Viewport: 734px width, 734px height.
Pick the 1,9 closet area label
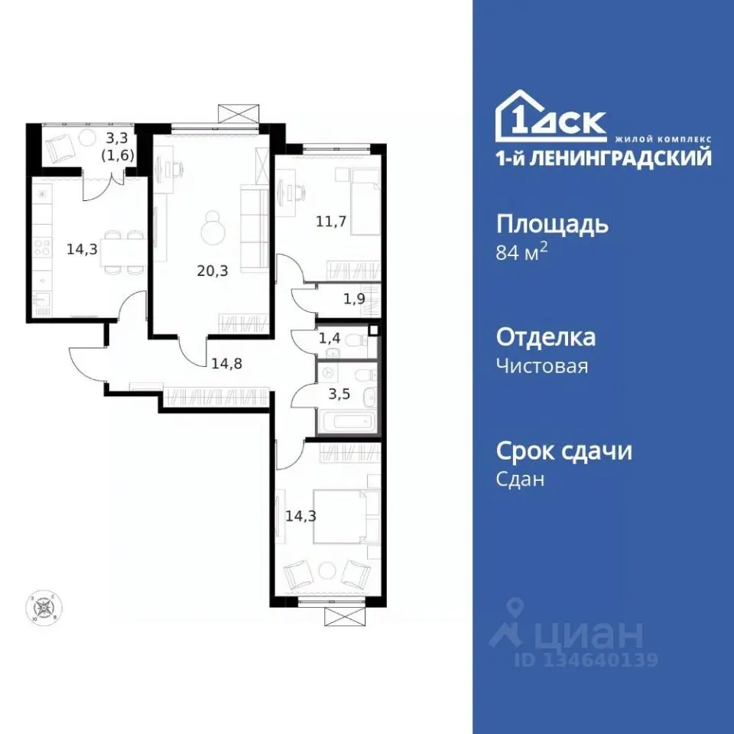(353, 299)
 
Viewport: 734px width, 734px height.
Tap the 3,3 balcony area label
(116, 138)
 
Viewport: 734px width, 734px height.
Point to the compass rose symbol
(43, 608)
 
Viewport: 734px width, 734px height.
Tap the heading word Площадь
(552, 225)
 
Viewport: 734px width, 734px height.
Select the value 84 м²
(522, 253)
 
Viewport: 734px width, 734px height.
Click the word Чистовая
(542, 366)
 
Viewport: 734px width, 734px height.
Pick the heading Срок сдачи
(563, 450)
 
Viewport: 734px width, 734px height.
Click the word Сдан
(520, 479)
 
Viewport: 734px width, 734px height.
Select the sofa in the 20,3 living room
(251, 222)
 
